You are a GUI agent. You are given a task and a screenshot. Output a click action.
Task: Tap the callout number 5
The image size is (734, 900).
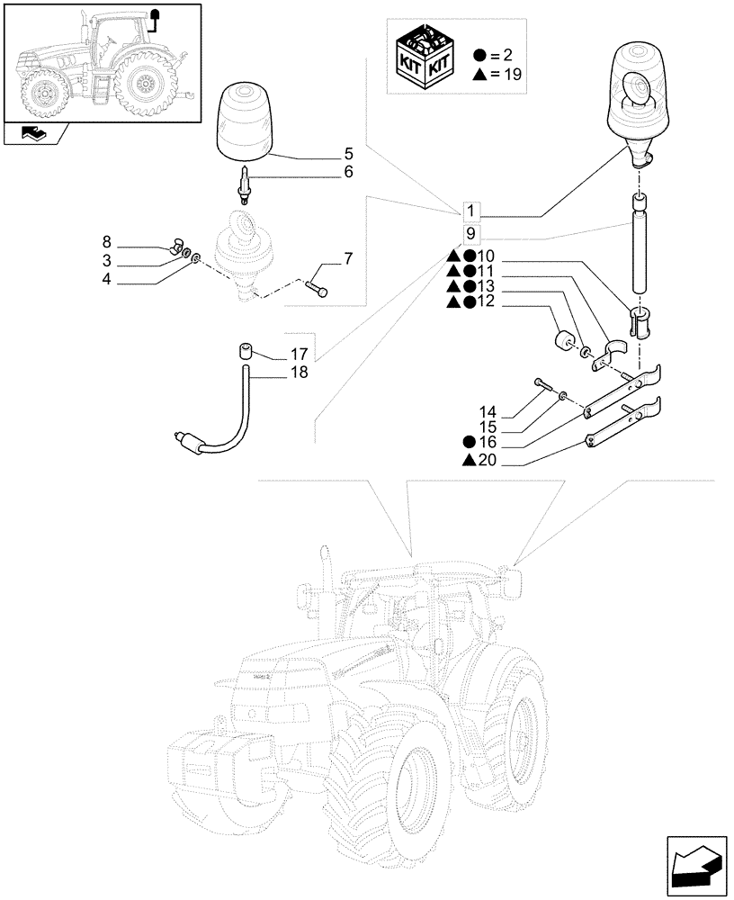347,152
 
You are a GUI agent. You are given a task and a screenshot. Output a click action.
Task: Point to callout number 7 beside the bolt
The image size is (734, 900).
348,260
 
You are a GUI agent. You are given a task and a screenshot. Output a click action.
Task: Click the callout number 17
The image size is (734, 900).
300,355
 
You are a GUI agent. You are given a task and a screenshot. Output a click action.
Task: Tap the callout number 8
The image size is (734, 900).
106,241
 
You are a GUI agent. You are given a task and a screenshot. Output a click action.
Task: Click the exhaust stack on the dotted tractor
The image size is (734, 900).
325,594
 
